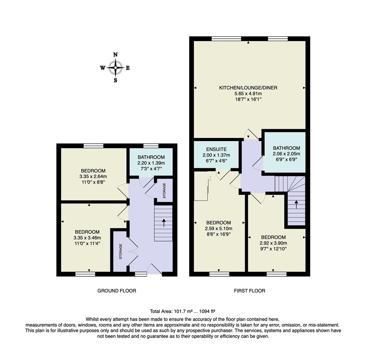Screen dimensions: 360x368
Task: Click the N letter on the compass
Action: pos(115,55)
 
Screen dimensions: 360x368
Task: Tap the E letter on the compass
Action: pos(128,68)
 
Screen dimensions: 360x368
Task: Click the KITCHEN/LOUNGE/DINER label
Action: pos(248,88)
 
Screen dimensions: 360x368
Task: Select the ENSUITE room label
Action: pos(216,150)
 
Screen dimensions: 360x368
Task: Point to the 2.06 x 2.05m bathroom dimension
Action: pos(286,154)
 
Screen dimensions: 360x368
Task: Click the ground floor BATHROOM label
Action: pos(151,157)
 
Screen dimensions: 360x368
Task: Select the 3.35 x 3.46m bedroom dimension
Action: pos(87,238)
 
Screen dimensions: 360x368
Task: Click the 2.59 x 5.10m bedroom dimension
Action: pos(218,228)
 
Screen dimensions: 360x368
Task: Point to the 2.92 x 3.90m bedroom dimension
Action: pos(273,243)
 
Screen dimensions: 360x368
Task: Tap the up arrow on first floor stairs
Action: pos(296,204)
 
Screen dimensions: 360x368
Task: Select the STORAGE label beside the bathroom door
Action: pos(164,191)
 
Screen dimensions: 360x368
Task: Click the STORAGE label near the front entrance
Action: pos(121,251)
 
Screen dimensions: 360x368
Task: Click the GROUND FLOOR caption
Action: pos(117,291)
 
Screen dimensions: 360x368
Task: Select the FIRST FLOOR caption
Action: pos(249,291)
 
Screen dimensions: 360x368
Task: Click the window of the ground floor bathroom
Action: pos(151,146)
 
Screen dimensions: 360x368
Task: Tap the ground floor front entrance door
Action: pos(155,269)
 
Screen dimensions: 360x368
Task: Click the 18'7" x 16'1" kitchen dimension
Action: pos(248,99)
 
